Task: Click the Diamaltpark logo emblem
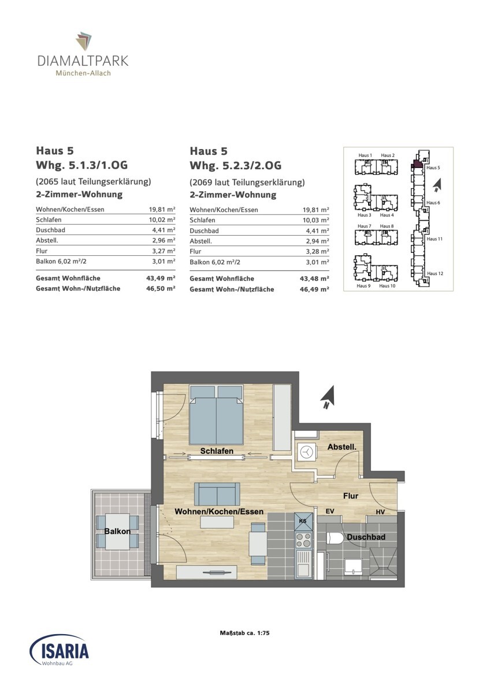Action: [84, 41]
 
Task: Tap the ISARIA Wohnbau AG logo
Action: [59, 650]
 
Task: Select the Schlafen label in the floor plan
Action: [217, 451]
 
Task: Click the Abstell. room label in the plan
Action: [341, 447]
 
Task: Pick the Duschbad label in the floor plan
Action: [366, 536]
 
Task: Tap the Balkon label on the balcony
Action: [117, 531]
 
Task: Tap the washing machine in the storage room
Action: [306, 452]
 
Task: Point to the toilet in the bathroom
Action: [334, 538]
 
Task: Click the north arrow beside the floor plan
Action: [328, 397]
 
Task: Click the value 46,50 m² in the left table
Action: [161, 288]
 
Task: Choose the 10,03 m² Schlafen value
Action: [315, 220]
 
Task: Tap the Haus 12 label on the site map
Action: [435, 274]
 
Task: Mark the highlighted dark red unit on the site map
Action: [417, 164]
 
